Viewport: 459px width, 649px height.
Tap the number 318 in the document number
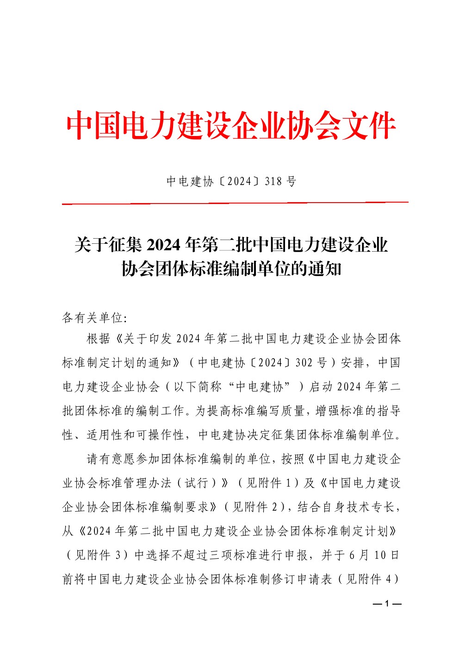[x=273, y=181]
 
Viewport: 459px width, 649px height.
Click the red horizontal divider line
[x=235, y=203]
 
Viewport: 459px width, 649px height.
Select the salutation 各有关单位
[x=92, y=318]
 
